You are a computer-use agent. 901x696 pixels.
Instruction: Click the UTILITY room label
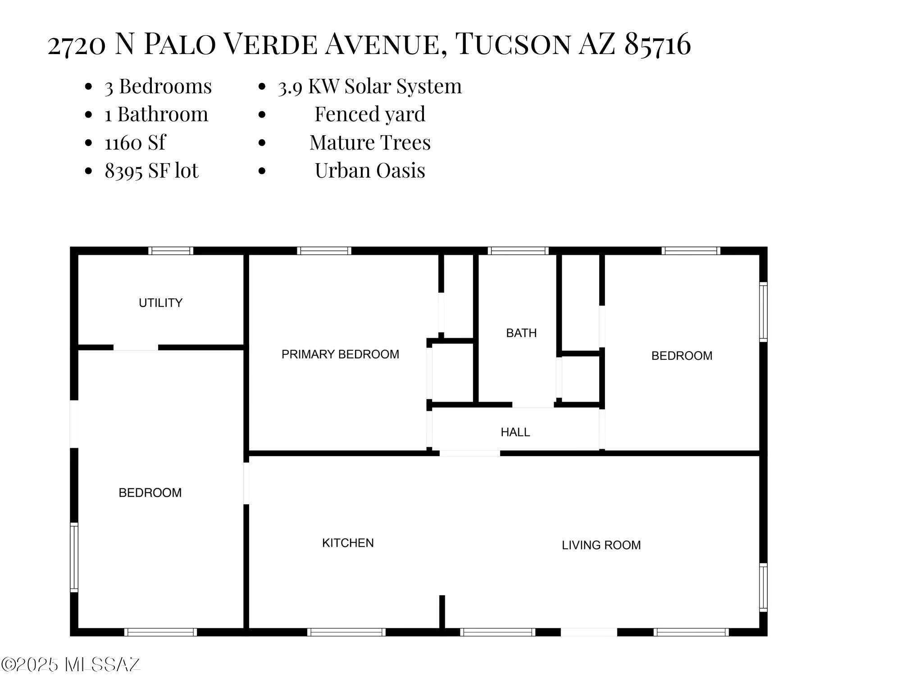(x=161, y=303)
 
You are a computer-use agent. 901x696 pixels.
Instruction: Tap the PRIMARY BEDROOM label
(x=341, y=354)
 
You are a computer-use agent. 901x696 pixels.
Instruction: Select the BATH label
(x=521, y=333)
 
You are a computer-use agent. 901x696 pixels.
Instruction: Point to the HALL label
(x=515, y=432)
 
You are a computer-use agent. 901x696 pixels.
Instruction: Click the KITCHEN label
(x=348, y=543)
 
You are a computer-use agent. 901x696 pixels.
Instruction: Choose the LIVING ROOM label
(x=601, y=545)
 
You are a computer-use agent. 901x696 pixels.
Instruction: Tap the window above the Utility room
(x=171, y=251)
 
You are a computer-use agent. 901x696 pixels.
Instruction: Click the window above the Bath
(x=518, y=251)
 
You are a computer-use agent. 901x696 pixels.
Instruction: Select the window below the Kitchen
(x=346, y=632)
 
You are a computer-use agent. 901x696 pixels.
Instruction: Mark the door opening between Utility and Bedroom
(x=136, y=348)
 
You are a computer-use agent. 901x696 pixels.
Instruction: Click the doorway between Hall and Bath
(x=533, y=405)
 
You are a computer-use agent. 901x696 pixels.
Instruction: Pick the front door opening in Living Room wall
(x=589, y=632)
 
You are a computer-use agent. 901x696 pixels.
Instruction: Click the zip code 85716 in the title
(x=658, y=44)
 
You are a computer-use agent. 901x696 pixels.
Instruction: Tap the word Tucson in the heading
(x=513, y=44)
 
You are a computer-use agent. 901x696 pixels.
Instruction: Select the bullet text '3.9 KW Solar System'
(x=370, y=86)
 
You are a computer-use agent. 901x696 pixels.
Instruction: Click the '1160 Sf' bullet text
(x=135, y=143)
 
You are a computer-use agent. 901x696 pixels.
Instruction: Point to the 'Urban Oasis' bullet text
(x=370, y=170)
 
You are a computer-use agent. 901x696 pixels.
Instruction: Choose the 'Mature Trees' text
(x=370, y=142)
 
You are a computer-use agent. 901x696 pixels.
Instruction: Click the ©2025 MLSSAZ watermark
(x=71, y=664)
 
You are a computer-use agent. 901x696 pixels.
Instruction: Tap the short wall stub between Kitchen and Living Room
(x=442, y=612)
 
